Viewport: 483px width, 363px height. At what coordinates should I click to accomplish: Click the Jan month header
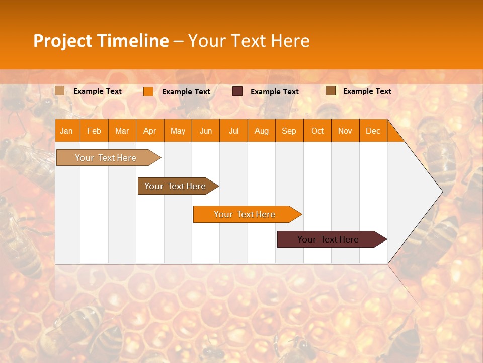click(66, 131)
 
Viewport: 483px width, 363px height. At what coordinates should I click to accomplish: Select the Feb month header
click(94, 131)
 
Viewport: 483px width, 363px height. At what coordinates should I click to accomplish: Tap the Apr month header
click(149, 131)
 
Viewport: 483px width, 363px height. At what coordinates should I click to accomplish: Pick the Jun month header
click(205, 131)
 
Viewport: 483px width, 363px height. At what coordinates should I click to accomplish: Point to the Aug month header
click(261, 131)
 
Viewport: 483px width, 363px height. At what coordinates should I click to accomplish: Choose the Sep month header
click(289, 131)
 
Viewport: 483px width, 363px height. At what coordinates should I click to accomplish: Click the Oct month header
click(317, 131)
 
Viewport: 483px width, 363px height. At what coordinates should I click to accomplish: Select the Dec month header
click(373, 131)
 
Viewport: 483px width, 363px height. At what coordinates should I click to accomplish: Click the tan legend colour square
click(60, 91)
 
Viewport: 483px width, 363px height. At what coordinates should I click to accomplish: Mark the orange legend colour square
click(148, 91)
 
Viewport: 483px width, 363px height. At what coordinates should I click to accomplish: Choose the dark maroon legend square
click(237, 91)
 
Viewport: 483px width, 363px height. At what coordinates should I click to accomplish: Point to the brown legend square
click(331, 91)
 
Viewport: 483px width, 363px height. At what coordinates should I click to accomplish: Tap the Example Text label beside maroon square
click(274, 92)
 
